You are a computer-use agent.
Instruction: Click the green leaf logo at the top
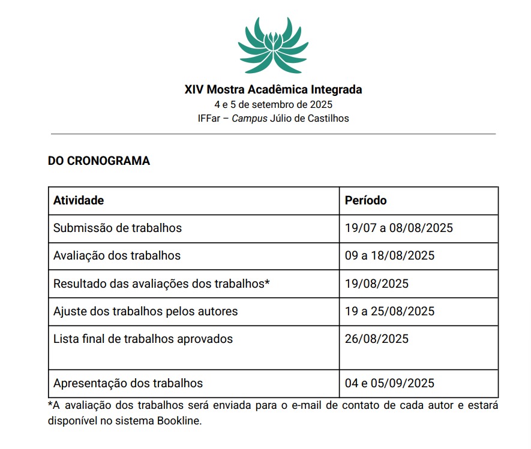point(273,44)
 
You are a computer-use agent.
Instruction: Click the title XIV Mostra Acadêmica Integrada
point(273,90)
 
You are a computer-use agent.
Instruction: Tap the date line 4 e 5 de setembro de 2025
point(273,104)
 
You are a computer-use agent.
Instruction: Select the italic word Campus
point(250,118)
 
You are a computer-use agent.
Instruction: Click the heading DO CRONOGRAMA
point(99,161)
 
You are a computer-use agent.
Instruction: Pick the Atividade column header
point(79,200)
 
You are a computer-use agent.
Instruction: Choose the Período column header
point(365,200)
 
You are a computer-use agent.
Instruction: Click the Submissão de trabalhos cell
point(118,228)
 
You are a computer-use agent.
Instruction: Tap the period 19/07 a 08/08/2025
point(398,228)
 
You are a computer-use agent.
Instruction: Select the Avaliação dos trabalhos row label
point(117,255)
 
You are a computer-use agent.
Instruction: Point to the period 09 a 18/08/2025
point(389,255)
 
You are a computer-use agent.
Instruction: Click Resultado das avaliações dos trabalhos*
point(161,284)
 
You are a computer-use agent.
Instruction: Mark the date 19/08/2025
point(376,284)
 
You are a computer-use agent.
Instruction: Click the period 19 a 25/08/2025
point(389,311)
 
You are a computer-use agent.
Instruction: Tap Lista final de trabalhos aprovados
point(143,339)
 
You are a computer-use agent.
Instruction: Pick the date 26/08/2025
point(376,339)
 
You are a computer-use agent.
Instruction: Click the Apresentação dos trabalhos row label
point(128,383)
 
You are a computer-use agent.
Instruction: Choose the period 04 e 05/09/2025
point(389,383)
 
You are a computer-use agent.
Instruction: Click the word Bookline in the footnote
point(179,420)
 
